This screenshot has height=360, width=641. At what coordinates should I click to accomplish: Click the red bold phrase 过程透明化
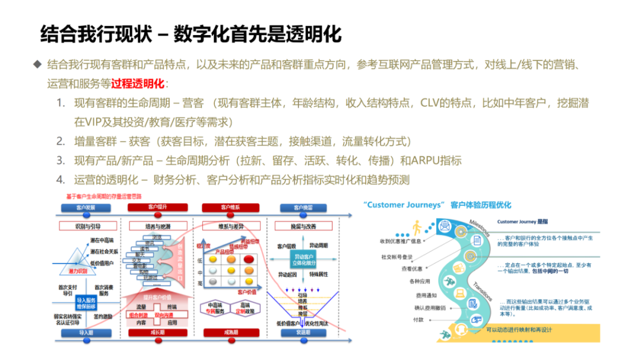coord(138,82)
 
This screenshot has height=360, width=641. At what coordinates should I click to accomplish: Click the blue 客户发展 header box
coord(85,208)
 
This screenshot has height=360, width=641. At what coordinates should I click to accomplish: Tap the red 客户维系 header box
coord(230,208)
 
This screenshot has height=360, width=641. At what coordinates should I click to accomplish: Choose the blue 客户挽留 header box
coord(303,208)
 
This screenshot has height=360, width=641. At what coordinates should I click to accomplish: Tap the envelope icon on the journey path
coord(445,225)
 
